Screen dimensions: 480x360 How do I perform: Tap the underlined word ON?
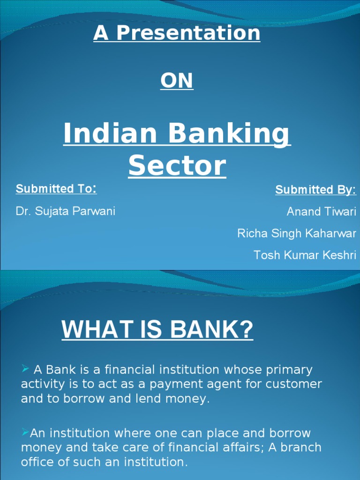click(177, 81)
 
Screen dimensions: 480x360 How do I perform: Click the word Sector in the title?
click(177, 166)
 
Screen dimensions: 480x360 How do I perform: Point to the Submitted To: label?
click(56, 189)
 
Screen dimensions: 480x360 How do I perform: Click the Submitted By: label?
click(315, 190)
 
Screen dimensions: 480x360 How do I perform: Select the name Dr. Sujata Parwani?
click(66, 211)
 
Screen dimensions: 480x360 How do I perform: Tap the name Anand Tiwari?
click(321, 211)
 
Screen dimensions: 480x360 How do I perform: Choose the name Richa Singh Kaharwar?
click(297, 233)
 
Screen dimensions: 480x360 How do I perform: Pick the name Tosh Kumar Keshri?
click(305, 255)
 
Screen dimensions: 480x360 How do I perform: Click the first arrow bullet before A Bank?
click(26, 370)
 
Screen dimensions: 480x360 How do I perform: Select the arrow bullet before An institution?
click(25, 433)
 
